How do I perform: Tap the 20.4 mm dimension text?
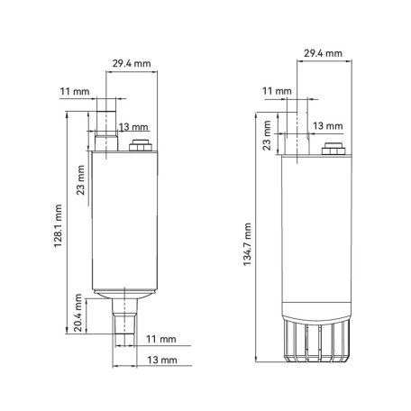click(79, 311)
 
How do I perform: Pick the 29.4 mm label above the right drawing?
click(323, 54)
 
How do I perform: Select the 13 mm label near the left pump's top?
click(128, 126)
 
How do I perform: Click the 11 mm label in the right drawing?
click(278, 91)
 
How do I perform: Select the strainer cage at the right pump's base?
click(315, 342)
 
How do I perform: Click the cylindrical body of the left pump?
click(124, 221)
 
